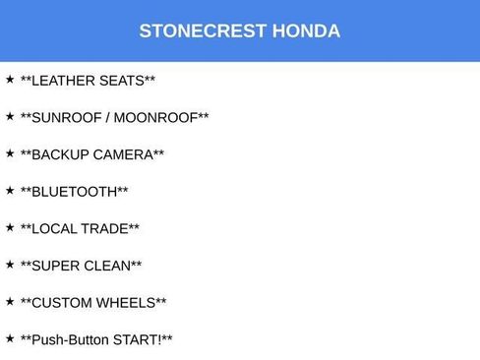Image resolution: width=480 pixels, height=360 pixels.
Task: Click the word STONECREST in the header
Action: click(189, 30)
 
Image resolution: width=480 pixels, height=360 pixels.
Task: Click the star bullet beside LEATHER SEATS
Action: click(10, 79)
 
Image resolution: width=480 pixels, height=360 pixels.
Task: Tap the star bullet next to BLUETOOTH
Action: click(10, 190)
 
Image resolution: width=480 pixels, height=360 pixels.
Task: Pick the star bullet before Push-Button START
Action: click(10, 338)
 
